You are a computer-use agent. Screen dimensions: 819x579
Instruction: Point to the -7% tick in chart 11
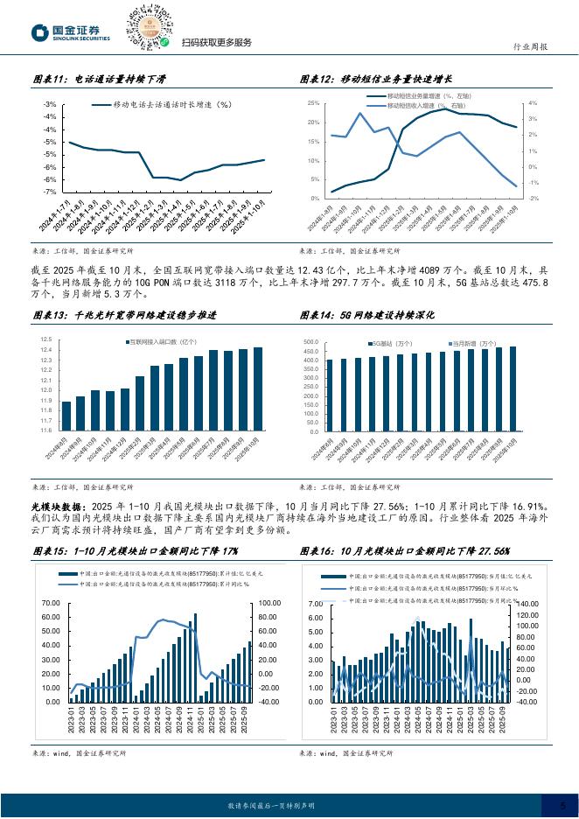50,192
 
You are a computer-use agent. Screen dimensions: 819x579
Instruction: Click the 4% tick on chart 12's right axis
533,103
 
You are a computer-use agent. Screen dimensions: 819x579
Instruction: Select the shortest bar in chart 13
66,416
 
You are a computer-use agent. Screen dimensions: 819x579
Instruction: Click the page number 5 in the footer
562,804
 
